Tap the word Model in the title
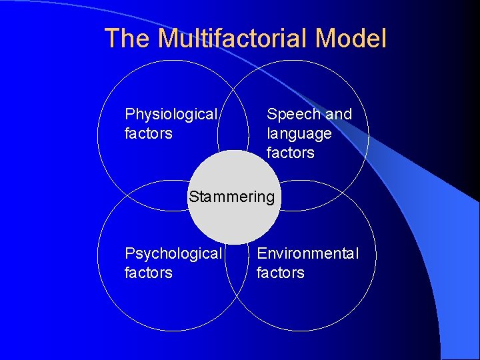(x=351, y=39)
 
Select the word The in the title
(x=128, y=39)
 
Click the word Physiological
(x=171, y=115)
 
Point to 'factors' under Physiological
(x=148, y=133)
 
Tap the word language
(x=299, y=134)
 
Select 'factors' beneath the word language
(x=290, y=153)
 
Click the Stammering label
(x=231, y=197)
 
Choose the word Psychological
(x=173, y=254)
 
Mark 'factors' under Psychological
(x=148, y=273)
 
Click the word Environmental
(x=307, y=253)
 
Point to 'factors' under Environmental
(x=280, y=273)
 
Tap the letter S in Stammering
(x=193, y=197)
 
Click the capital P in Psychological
(x=129, y=253)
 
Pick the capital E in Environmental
(x=261, y=253)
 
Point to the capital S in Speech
(x=272, y=114)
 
